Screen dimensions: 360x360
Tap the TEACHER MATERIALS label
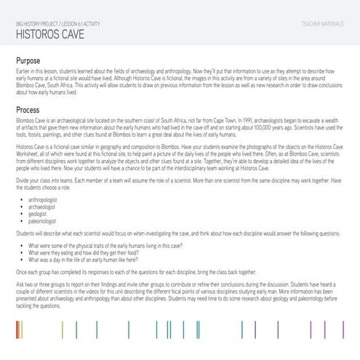click(x=322, y=25)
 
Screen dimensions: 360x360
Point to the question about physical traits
click(x=95, y=244)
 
